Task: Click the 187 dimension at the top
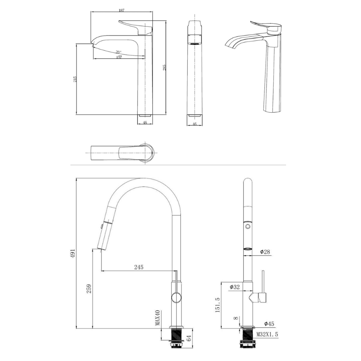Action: (x=122, y=10)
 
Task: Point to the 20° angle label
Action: (x=118, y=52)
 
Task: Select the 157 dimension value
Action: (x=119, y=57)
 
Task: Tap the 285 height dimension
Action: (x=164, y=68)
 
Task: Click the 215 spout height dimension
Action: (x=75, y=79)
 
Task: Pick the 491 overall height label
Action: (x=73, y=253)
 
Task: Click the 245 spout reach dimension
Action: (x=139, y=267)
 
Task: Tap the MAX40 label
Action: (x=157, y=318)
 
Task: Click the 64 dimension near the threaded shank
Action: (x=189, y=338)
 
